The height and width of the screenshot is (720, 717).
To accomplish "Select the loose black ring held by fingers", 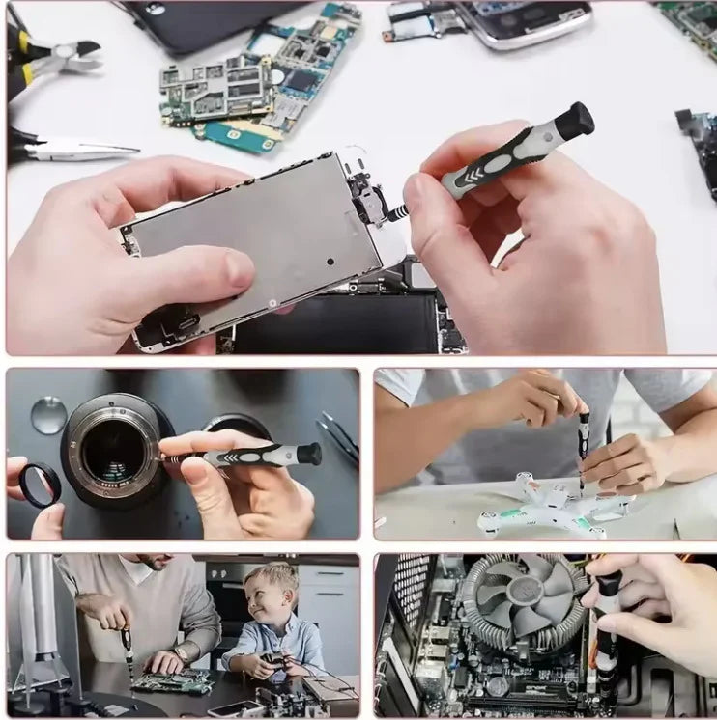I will (39, 483).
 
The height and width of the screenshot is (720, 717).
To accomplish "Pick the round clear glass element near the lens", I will (47, 415).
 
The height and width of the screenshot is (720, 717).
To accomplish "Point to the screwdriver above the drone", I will (583, 439).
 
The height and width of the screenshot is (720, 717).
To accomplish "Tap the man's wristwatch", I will (180, 653).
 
